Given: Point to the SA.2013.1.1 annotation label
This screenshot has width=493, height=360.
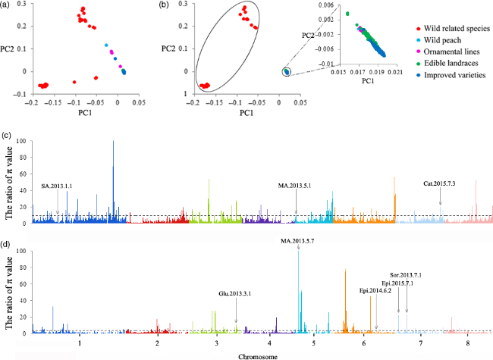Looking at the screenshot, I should (58, 186).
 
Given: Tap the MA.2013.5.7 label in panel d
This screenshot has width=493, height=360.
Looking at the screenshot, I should (298, 241).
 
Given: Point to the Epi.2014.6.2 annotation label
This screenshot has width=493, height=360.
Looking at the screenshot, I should (376, 290).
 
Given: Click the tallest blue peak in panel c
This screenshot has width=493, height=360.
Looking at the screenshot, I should (113, 142).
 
